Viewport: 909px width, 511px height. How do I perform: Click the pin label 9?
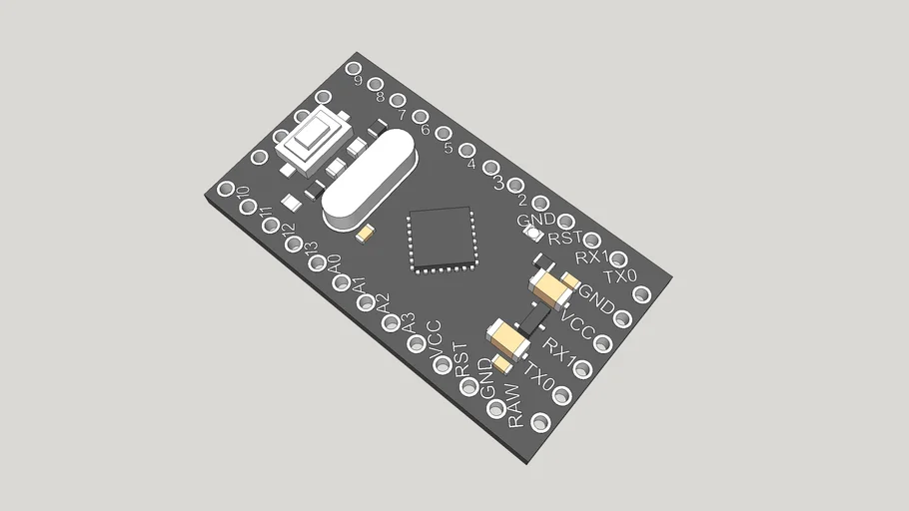pos(358,82)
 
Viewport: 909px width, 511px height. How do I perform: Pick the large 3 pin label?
pos(497,182)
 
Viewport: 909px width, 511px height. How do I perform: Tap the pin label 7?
pos(402,115)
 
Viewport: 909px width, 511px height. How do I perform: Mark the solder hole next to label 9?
pos(353,68)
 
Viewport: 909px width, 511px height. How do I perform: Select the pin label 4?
pos(471,165)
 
